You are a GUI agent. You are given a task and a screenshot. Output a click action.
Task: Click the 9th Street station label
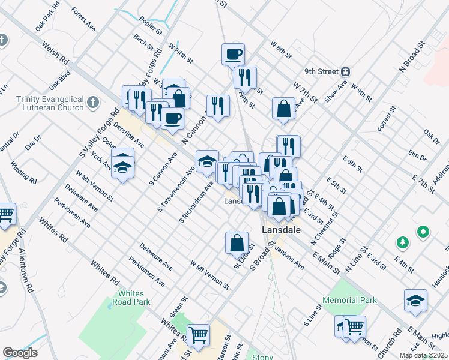321,71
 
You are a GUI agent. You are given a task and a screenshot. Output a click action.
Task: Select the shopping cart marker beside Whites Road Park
198,334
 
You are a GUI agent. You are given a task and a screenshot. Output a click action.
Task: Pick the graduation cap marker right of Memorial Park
415,301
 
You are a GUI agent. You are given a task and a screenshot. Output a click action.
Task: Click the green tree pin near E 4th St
403,242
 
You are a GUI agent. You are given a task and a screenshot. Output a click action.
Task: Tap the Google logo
20,353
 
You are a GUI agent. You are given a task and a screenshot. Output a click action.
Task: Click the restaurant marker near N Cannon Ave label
218,107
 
